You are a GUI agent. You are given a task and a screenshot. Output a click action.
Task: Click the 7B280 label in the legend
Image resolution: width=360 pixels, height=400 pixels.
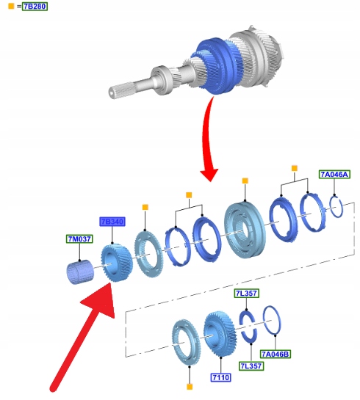(x=35, y=6)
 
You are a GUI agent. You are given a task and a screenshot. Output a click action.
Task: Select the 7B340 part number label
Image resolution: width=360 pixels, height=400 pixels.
(x=112, y=222)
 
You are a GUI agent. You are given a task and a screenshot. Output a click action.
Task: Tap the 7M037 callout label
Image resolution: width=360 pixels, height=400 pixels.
(x=79, y=239)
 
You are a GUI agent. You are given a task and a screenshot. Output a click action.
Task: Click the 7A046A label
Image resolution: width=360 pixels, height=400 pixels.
(x=334, y=174)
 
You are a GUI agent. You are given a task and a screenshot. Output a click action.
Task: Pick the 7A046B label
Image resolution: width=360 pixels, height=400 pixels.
(x=276, y=354)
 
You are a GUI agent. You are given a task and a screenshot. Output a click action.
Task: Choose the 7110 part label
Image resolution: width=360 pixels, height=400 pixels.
(x=221, y=377)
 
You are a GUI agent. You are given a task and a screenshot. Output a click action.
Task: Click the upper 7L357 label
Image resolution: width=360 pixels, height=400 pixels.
(x=246, y=293)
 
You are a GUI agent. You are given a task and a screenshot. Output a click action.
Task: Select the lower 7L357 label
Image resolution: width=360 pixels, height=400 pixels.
(x=251, y=366)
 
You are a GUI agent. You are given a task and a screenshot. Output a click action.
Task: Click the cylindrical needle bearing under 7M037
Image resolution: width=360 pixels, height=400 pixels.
(x=80, y=272)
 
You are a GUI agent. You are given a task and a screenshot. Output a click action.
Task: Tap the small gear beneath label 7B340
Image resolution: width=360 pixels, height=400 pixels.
(x=117, y=263)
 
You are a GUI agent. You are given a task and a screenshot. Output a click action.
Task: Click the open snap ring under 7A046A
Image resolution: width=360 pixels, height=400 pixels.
(x=336, y=207)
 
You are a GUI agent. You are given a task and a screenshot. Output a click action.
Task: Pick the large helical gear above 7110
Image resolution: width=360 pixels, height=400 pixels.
(x=220, y=333)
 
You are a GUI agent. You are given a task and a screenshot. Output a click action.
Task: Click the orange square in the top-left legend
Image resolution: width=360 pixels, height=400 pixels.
(x=11, y=6)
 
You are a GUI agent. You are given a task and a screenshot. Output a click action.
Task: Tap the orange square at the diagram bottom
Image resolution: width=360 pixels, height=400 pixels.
(x=190, y=387)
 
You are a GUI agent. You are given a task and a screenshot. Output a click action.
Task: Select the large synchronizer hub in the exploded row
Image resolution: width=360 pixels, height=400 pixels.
(x=245, y=230)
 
